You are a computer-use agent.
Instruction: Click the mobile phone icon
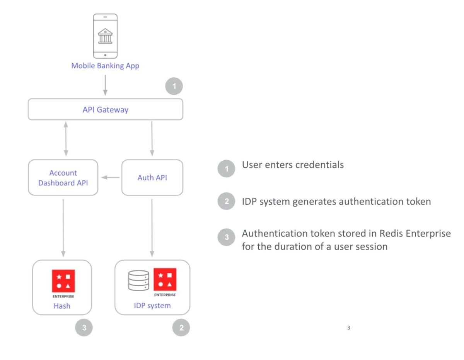(105, 36)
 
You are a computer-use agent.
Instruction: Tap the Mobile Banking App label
(105, 66)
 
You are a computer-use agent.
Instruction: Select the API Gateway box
(105, 110)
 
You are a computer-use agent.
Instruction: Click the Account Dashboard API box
(63, 178)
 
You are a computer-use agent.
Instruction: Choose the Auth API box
(152, 178)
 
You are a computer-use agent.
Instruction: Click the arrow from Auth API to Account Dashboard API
(110, 178)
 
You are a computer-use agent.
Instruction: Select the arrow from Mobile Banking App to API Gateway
(105, 85)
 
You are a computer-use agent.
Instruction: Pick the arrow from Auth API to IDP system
(152, 228)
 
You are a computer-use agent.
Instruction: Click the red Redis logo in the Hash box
(63, 281)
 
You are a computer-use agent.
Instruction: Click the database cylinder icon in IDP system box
(138, 281)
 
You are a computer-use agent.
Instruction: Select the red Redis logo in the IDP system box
(165, 279)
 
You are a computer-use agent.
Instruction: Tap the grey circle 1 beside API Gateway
(174, 87)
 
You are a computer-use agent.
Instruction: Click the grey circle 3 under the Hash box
(84, 328)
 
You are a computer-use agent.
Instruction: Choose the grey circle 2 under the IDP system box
(181, 328)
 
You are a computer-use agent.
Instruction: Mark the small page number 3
(348, 328)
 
